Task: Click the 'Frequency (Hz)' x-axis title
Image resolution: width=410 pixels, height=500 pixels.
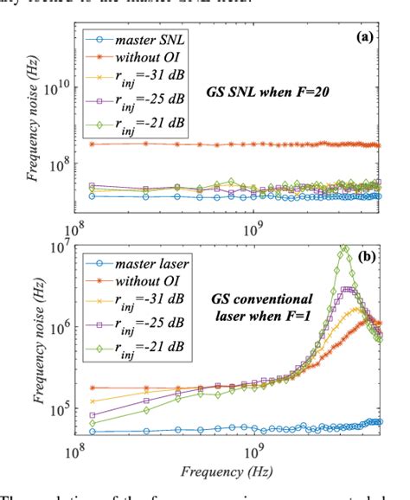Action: tap(229, 472)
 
